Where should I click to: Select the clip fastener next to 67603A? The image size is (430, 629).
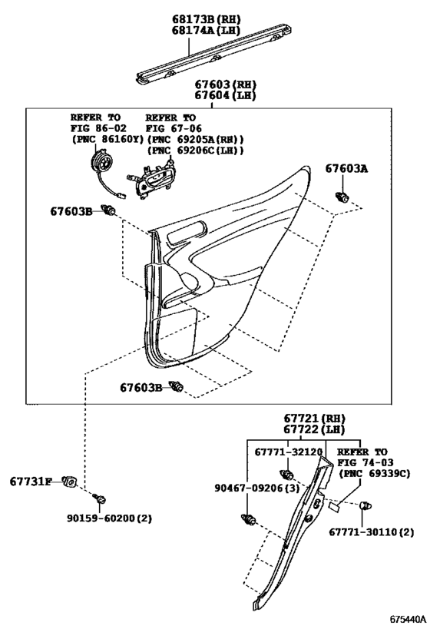(x=342, y=197)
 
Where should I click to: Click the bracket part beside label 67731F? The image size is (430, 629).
(x=70, y=482)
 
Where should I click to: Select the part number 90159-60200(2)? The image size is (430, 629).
(x=110, y=518)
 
